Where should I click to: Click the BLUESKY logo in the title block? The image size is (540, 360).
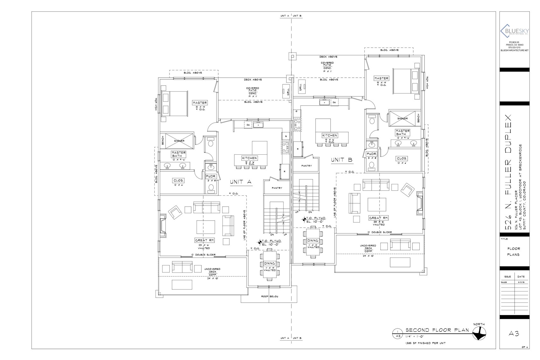point(514,31)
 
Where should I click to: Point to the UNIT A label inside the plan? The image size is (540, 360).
point(241,182)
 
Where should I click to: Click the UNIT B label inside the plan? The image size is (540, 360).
point(342,160)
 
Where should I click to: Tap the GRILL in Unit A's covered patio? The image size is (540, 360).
point(285,91)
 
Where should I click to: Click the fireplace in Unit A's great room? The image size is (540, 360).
point(163,225)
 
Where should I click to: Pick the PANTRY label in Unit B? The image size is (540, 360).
point(306,166)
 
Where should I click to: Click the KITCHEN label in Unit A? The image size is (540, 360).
point(249,158)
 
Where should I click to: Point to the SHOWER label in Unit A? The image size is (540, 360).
point(179,141)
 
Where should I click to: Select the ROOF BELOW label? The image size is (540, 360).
point(270,296)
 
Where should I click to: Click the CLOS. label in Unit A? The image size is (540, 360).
point(179,180)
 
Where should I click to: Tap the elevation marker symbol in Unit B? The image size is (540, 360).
point(305,219)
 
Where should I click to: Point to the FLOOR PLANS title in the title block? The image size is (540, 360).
point(514,251)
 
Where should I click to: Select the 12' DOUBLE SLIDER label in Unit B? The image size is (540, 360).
point(379,232)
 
